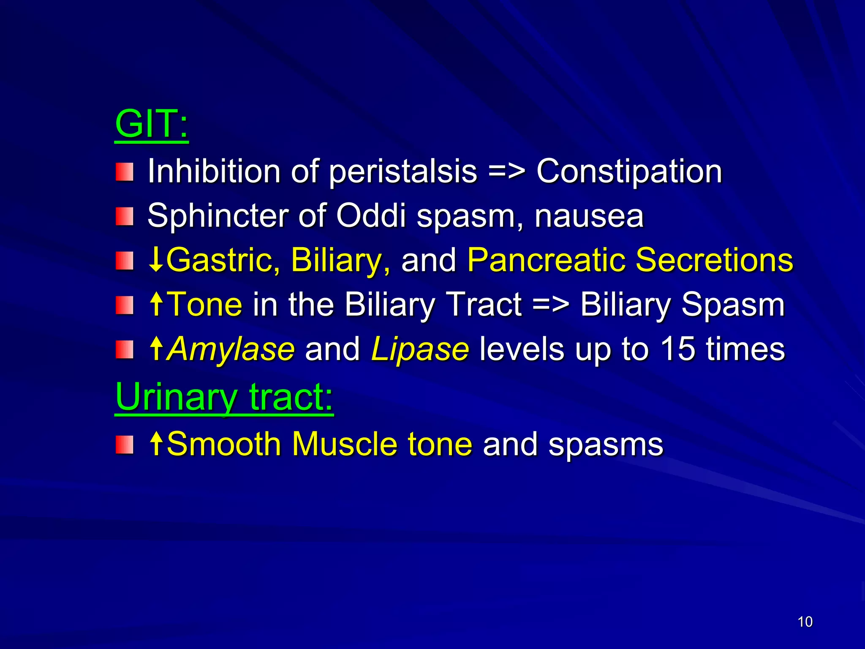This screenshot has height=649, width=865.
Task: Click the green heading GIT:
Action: pos(151,125)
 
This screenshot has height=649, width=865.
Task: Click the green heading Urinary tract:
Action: pos(224,397)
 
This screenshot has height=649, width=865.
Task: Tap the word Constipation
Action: pos(629,172)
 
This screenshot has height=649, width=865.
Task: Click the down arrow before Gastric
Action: pos(156,260)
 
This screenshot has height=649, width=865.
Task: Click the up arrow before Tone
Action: pos(156,305)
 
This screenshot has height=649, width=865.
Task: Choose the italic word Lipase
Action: pos(420,349)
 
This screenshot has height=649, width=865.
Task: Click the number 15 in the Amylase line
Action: pos(677,349)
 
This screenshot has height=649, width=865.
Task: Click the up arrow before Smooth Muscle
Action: pos(156,444)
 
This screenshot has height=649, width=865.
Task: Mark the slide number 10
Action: pos(805,622)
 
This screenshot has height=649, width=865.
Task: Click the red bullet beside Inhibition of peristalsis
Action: pos(125,172)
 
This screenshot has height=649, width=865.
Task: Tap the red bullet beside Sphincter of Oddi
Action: pos(125,216)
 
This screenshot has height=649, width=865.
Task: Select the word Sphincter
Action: pos(218,216)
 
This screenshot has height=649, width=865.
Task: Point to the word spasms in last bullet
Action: pos(606,445)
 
